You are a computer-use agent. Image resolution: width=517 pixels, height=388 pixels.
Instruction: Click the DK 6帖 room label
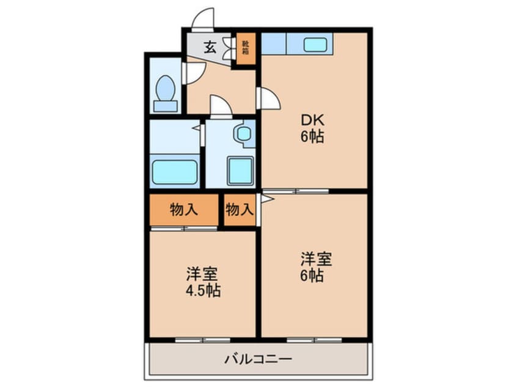point(312,129)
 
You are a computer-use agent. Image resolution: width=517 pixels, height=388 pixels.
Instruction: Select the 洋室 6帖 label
point(315,267)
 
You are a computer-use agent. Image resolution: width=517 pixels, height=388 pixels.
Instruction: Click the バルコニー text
point(258,359)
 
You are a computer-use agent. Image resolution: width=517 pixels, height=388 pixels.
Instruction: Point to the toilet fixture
point(165,94)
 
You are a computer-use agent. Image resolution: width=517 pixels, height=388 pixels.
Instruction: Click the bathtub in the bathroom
point(175,172)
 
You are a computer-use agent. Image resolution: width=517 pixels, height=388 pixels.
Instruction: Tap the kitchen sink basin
point(315,44)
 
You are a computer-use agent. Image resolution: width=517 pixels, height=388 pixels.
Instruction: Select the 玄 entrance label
point(209,47)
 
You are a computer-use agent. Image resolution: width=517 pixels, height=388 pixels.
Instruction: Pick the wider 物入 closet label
point(183,210)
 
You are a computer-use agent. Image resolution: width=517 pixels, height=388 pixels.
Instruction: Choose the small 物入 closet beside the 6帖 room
point(239,210)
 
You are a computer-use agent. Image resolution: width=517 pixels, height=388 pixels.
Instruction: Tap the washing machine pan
point(240,170)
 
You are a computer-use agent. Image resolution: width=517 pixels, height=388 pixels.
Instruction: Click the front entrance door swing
point(203,19)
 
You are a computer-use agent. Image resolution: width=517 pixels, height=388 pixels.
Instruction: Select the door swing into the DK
point(269,99)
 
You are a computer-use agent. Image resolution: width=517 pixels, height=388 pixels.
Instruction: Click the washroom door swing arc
point(221,105)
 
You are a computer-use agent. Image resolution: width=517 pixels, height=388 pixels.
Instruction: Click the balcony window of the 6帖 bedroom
point(313,339)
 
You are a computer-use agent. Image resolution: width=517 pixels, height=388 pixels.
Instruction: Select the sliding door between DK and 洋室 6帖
point(296,191)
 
